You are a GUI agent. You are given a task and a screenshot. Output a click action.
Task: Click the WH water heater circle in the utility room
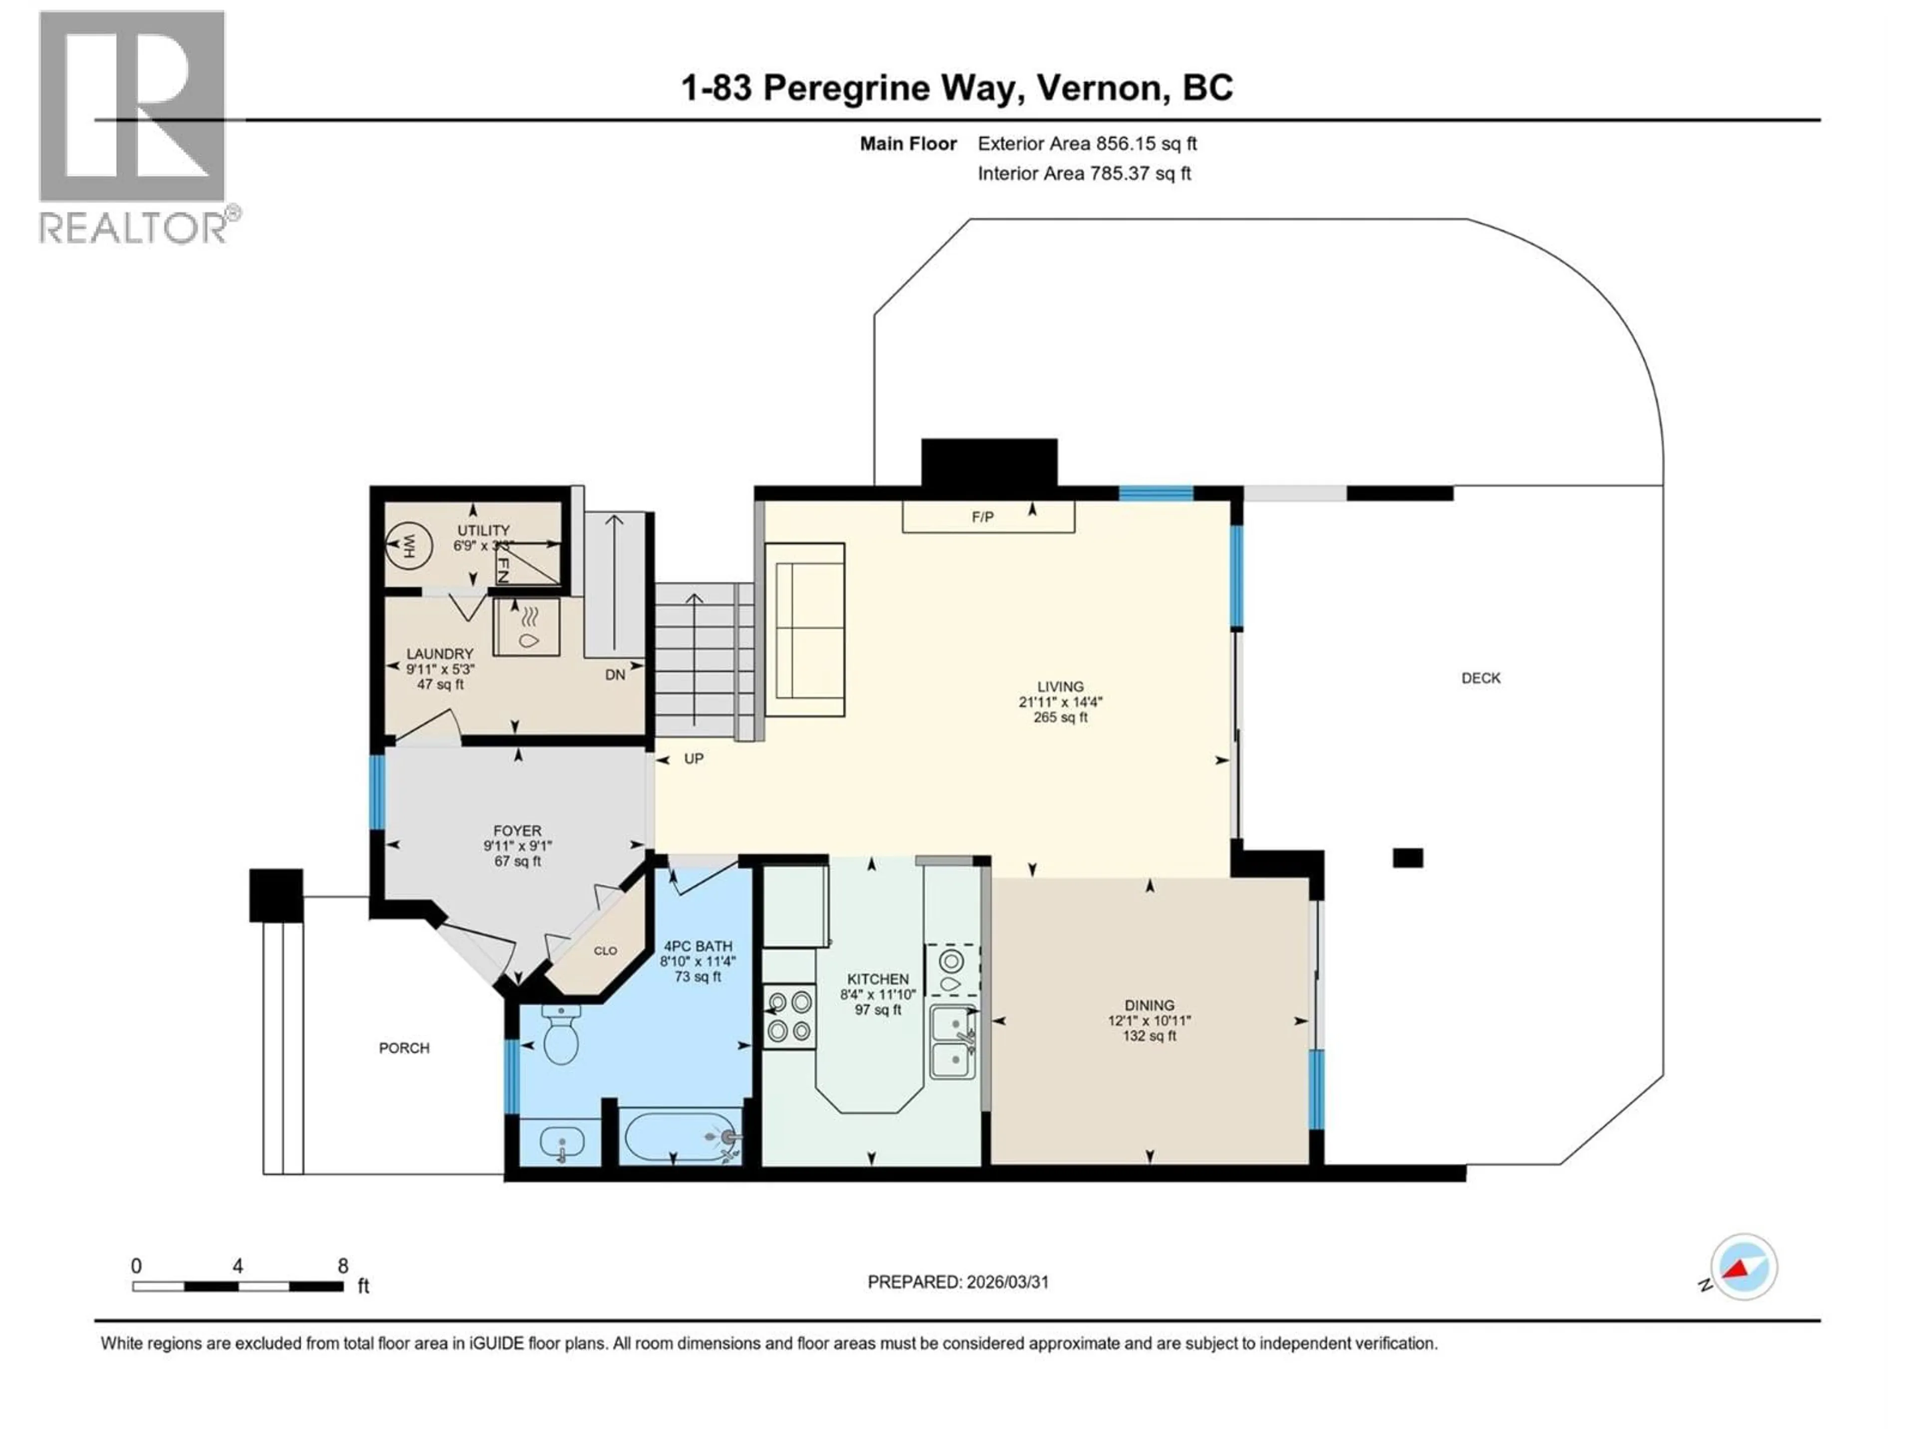[409, 546]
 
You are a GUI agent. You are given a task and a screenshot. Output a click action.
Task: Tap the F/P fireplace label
[982, 517]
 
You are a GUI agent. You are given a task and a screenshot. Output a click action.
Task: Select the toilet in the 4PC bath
[560, 1035]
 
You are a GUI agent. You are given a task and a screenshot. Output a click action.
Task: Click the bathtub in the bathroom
[681, 1137]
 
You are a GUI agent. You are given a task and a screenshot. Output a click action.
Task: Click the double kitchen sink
[952, 1042]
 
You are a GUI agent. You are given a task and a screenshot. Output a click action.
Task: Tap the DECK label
[1480, 678]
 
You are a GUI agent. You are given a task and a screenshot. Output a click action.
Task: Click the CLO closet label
[605, 950]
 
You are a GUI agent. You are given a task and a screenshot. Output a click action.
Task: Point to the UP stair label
[694, 759]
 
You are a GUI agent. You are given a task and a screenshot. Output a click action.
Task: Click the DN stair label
[615, 675]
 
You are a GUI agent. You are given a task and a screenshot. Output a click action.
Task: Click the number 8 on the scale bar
[343, 1265]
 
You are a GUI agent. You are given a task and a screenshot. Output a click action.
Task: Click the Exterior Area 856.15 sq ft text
[1087, 144]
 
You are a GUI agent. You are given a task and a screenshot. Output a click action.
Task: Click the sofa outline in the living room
[805, 630]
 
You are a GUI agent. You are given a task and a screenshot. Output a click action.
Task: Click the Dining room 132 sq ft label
[1150, 1035]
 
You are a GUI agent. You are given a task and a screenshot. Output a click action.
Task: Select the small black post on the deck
[1408, 858]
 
